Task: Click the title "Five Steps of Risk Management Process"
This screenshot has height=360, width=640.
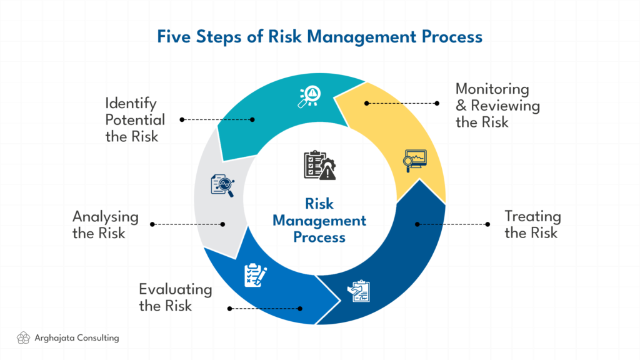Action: (x=319, y=37)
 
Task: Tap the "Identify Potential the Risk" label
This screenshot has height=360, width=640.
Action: (x=135, y=120)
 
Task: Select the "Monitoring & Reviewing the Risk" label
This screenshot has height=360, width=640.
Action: (x=497, y=105)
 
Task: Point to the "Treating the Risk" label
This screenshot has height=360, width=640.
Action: (x=532, y=224)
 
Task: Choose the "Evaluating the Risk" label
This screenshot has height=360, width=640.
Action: (x=176, y=297)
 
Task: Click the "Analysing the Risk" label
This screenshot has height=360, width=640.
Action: (x=105, y=224)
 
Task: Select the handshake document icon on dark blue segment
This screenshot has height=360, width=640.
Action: (x=358, y=291)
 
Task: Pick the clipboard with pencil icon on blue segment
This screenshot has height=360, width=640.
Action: (x=256, y=275)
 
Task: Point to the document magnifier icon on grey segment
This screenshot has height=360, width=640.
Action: (x=223, y=186)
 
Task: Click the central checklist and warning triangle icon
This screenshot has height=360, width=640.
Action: (x=319, y=165)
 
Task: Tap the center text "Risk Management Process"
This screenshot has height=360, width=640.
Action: (x=319, y=221)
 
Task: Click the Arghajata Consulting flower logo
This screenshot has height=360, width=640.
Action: (x=23, y=338)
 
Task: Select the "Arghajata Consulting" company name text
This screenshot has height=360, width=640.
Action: (x=77, y=338)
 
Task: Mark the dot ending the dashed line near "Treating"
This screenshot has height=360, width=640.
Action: (x=487, y=224)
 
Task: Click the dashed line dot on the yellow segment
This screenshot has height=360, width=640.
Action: (x=366, y=103)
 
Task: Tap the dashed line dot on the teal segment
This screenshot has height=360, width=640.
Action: (x=252, y=119)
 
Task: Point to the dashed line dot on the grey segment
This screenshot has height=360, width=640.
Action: (x=222, y=224)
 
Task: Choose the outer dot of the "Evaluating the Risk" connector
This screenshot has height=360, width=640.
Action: (x=230, y=309)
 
